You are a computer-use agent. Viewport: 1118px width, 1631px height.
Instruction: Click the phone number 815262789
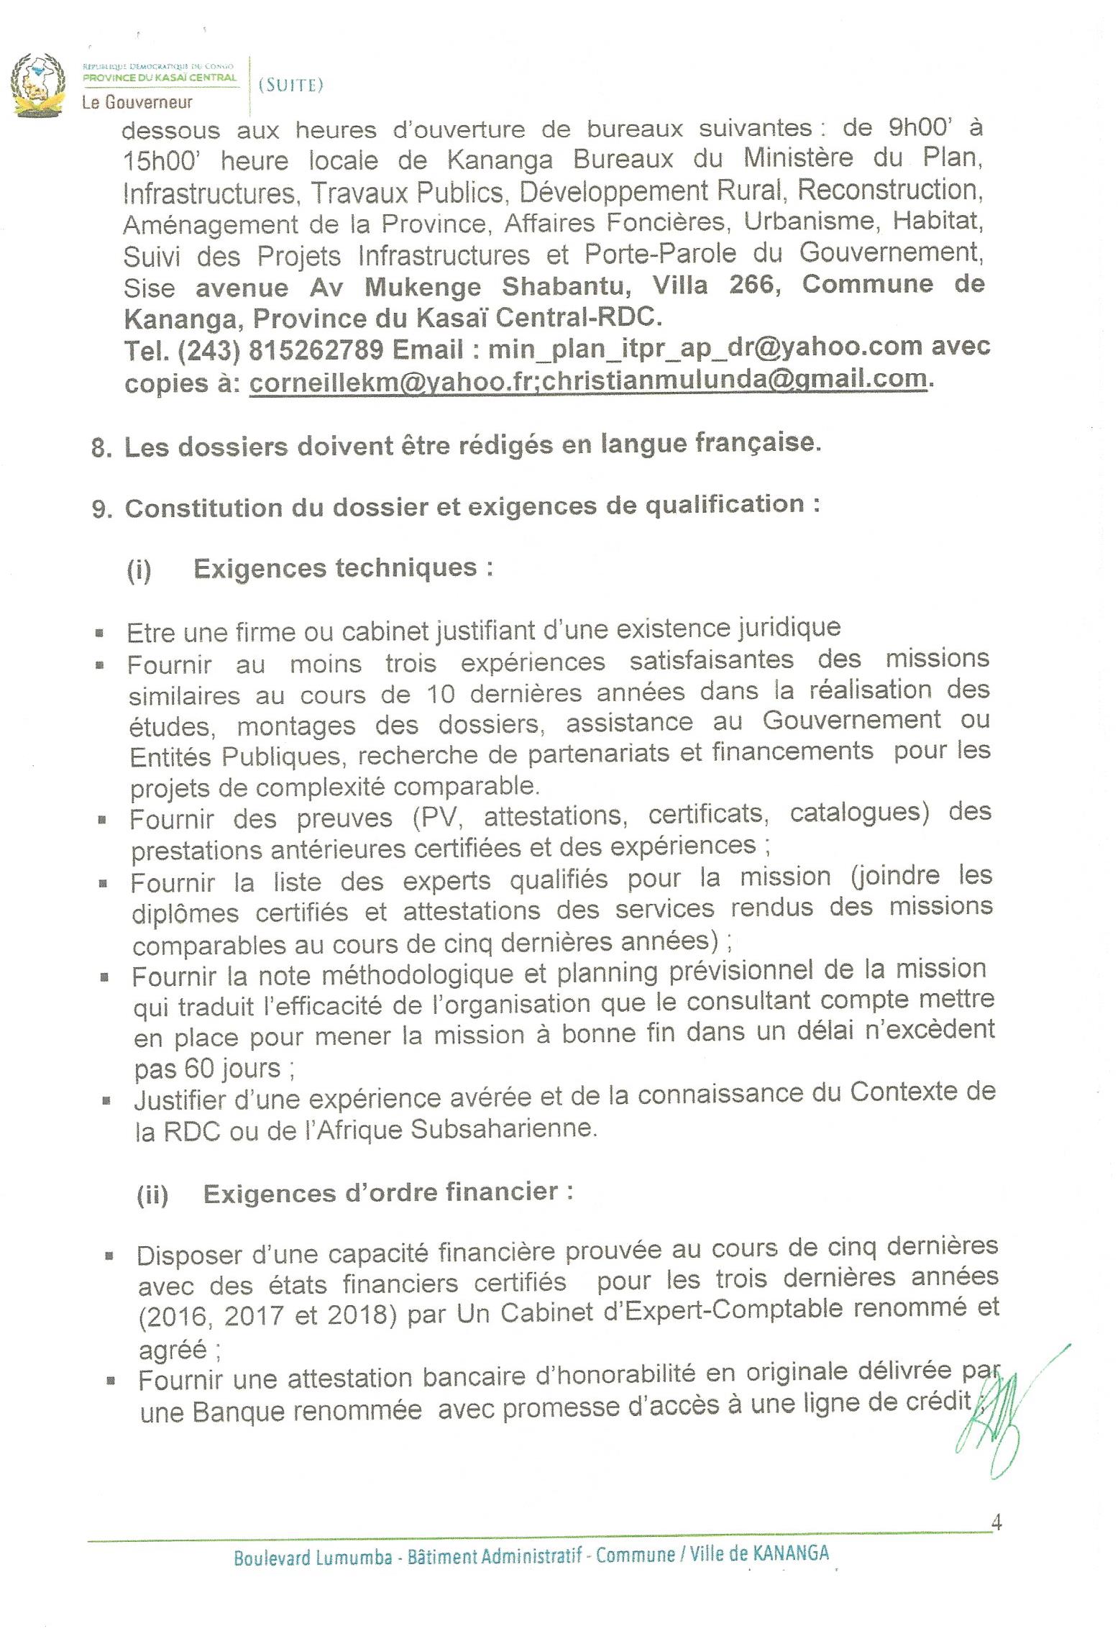tap(316, 349)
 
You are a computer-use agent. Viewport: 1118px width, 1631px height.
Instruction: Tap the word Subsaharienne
tap(503, 1128)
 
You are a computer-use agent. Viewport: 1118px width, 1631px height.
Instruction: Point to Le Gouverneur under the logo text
tap(137, 102)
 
